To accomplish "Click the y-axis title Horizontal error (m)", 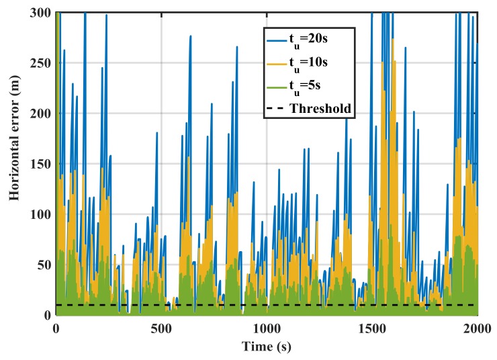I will pos(13,163).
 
